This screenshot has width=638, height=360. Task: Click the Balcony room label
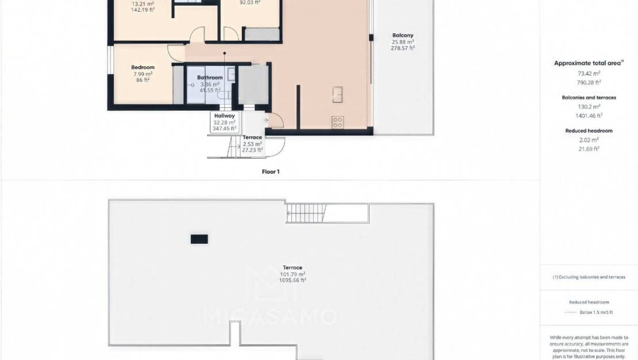coord(403,35)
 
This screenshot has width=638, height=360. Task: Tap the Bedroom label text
coord(143,67)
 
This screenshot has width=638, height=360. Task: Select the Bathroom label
coord(210,78)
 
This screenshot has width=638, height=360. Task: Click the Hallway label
coord(225,116)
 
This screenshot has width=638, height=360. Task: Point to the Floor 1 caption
coord(270,171)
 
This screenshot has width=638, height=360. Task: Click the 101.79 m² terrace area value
coord(293,274)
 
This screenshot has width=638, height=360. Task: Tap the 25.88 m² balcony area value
coord(403,42)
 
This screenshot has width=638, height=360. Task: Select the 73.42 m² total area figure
coord(589,74)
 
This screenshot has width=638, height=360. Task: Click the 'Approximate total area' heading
coord(587,63)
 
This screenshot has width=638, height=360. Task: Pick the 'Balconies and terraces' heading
coord(589,98)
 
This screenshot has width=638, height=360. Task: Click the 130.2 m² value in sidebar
coord(589,106)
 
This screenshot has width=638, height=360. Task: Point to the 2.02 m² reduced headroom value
coord(589,140)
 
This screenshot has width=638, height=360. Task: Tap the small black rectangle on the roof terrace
coord(199,239)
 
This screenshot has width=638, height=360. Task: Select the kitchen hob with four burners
coord(337,122)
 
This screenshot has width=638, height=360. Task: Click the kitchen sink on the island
coord(337,94)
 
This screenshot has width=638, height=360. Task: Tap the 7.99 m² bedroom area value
coord(143,74)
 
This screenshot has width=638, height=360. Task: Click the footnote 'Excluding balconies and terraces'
coord(589,277)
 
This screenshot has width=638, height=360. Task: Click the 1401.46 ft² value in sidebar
coord(589,115)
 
